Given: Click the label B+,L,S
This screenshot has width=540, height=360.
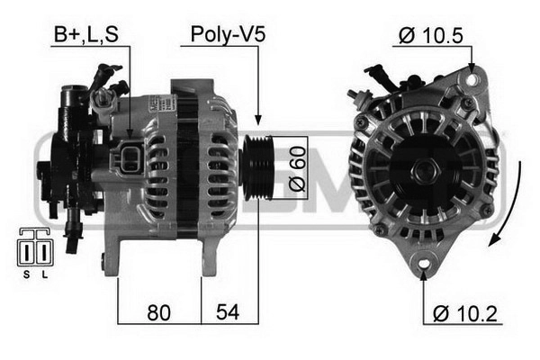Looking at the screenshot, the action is tap(86, 34).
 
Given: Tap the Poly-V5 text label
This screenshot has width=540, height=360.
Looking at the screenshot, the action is tap(228, 34).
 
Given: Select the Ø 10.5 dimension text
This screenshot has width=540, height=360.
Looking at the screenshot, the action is tap(431, 35).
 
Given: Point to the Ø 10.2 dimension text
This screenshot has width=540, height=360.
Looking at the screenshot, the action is tap(465, 313).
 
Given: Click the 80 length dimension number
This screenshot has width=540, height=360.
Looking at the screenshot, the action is tap(158, 313).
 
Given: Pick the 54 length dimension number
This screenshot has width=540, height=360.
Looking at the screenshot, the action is tap(228, 312).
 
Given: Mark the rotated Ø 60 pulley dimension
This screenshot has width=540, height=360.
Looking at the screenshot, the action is tap(297, 168).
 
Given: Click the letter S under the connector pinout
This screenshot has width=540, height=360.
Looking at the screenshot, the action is tap(26, 274).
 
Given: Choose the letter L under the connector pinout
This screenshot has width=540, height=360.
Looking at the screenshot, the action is tap(44, 274).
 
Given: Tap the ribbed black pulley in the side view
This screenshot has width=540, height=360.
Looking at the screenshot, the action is tap(258, 167).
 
